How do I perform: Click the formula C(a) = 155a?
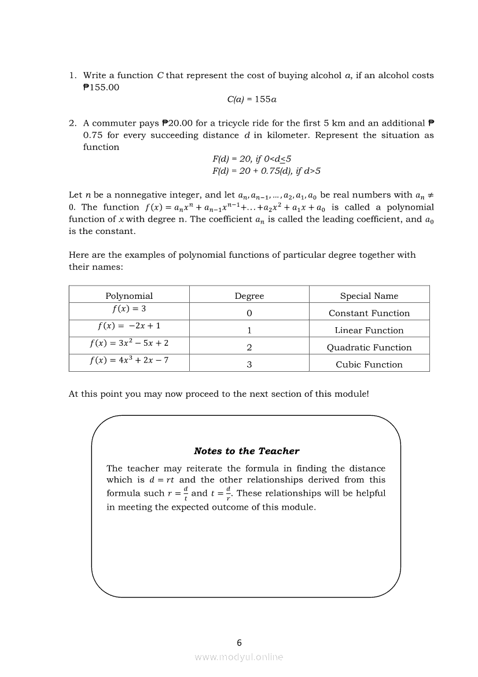(x=252, y=99)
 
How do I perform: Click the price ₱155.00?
(x=101, y=87)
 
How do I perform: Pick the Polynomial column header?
(x=129, y=296)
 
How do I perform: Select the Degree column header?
(x=249, y=296)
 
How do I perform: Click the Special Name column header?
(x=369, y=296)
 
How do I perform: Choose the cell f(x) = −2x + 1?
(x=129, y=326)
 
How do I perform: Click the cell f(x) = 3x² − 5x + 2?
(x=129, y=343)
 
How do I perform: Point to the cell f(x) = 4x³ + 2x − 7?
(x=129, y=360)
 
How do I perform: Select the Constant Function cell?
(x=369, y=313)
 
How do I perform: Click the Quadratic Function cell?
(x=369, y=347)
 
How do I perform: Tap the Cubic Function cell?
(x=369, y=364)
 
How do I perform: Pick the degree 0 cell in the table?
(x=249, y=313)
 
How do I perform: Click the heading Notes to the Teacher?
(x=247, y=451)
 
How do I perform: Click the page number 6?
(x=239, y=642)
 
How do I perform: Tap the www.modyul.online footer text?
(x=239, y=657)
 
